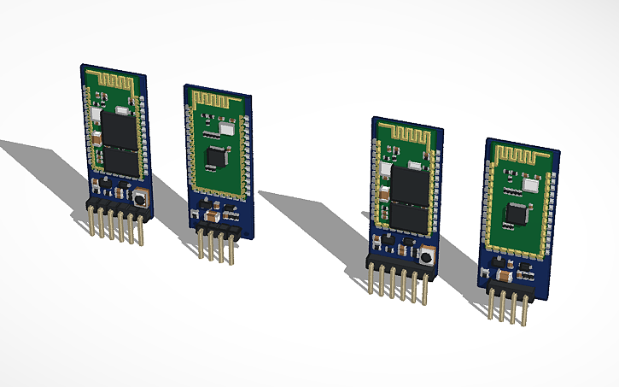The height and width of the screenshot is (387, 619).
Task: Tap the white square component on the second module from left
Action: click(x=225, y=128)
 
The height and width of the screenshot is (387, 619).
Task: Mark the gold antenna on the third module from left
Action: click(x=406, y=132)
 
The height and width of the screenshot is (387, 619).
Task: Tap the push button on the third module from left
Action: click(x=423, y=255)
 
